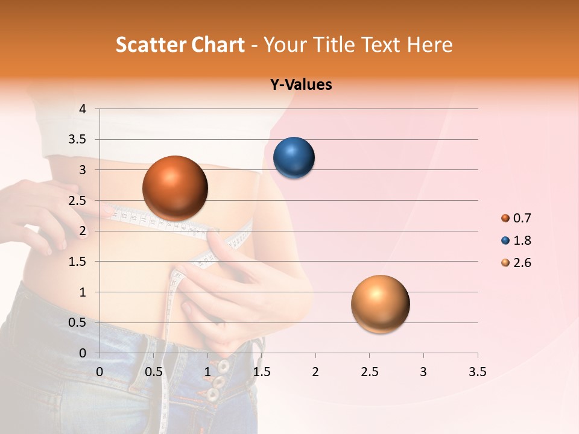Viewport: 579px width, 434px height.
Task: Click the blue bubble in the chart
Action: pos(294,158)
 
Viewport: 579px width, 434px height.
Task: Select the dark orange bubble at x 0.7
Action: pos(175,188)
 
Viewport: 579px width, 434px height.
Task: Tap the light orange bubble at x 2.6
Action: pos(380,304)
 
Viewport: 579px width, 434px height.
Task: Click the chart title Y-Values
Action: pos(301,85)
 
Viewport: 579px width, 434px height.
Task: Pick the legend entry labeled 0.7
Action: pos(516,218)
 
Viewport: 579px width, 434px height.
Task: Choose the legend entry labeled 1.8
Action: pos(516,241)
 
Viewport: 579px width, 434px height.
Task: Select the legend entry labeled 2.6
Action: pos(516,263)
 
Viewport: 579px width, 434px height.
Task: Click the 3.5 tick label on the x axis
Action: pos(477,371)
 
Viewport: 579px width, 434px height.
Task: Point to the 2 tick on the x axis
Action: pos(315,371)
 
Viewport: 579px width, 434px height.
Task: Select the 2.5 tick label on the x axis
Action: pos(369,371)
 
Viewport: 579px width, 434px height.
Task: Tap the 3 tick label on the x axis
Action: pos(423,371)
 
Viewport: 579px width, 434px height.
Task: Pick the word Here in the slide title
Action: pos(429,45)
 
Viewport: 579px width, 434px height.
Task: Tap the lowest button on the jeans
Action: pos(212,395)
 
